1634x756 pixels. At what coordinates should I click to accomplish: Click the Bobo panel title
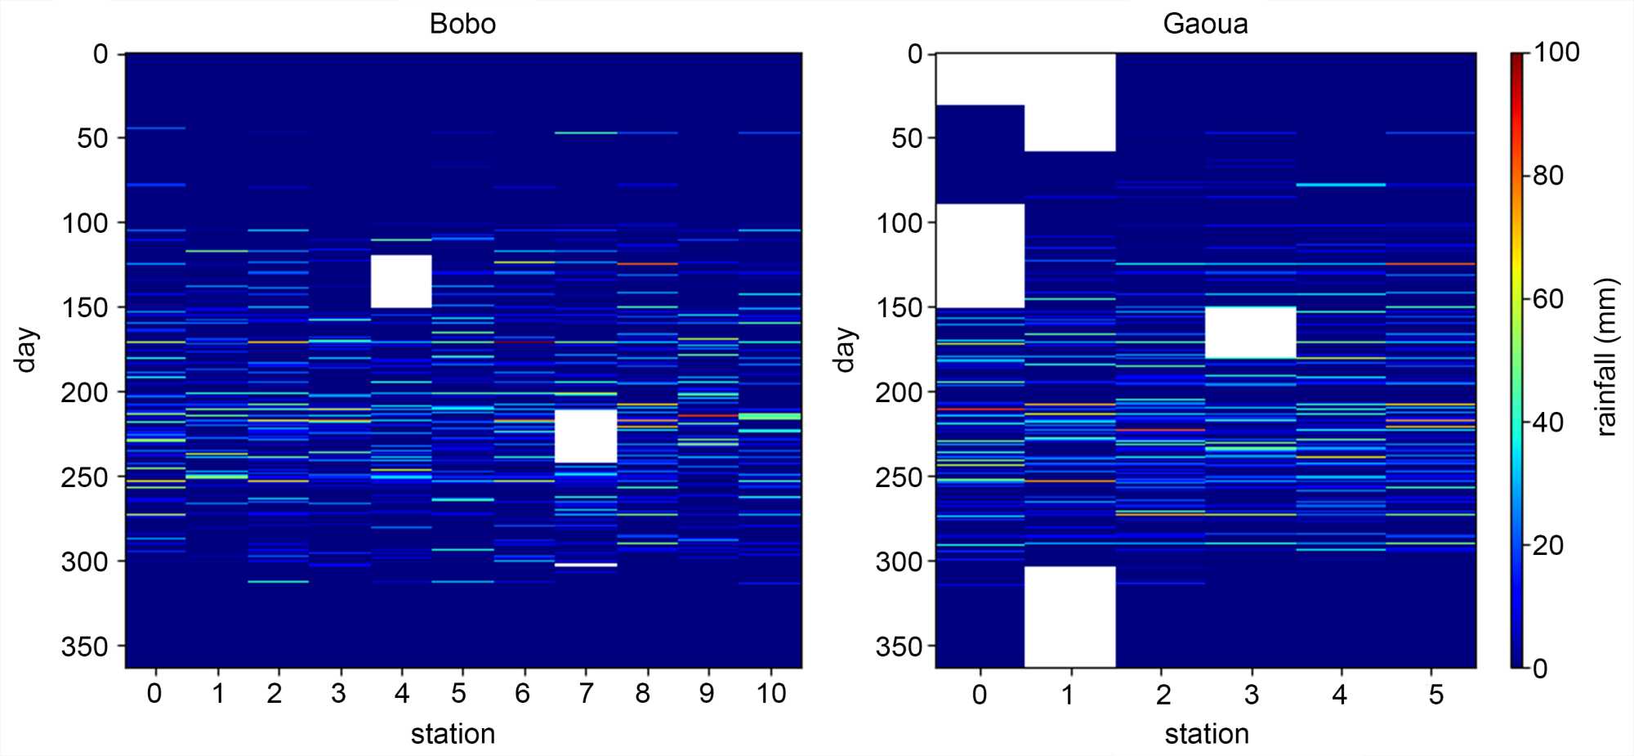click(x=462, y=24)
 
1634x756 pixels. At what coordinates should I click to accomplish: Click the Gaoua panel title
click(x=1205, y=24)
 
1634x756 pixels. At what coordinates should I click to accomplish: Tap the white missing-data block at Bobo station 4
click(x=401, y=281)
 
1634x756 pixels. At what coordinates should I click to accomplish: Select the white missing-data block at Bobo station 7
click(x=586, y=436)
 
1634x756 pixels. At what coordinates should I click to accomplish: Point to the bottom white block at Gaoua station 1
click(x=1069, y=616)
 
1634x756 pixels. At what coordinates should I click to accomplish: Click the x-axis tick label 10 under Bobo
click(x=770, y=694)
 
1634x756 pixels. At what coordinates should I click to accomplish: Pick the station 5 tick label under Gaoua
click(x=1436, y=695)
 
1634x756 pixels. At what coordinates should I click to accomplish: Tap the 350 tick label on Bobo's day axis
click(x=85, y=646)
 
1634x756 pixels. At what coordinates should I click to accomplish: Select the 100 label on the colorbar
click(x=1556, y=52)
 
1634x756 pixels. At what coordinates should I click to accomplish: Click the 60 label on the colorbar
click(x=1548, y=299)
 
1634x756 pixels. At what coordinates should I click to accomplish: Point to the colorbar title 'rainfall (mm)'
click(x=1606, y=358)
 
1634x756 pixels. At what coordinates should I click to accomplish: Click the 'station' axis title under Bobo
click(x=453, y=734)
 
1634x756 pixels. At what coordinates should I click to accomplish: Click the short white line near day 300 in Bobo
click(x=586, y=565)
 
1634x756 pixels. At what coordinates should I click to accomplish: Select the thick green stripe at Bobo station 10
click(x=770, y=417)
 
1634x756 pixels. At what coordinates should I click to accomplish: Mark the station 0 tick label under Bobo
click(x=154, y=694)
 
